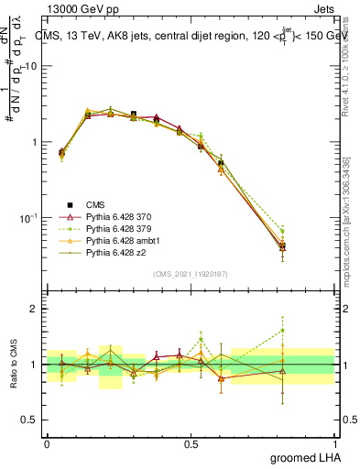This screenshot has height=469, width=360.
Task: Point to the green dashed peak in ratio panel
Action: (282, 331)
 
